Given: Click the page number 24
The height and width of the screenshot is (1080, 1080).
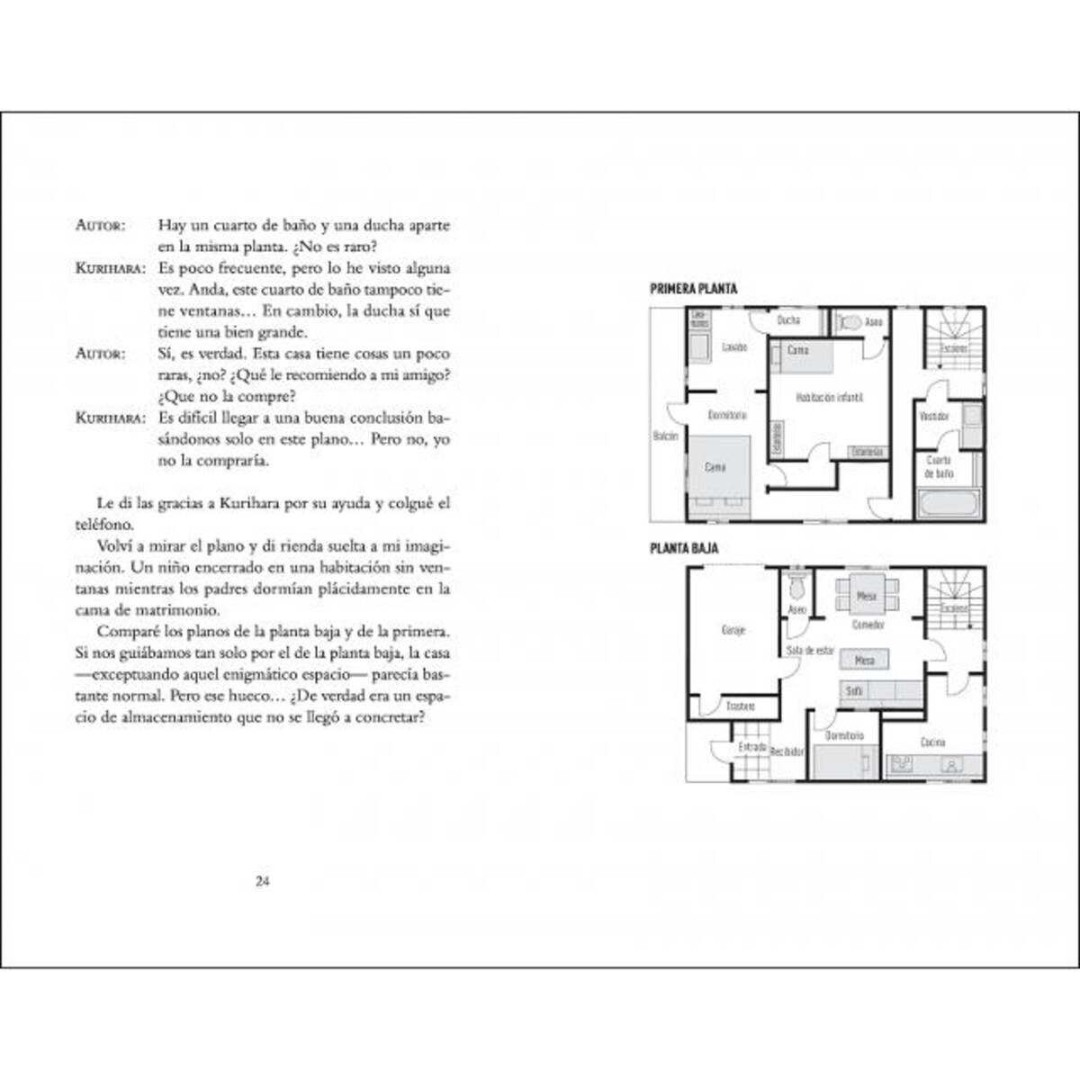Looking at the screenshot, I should pyautogui.click(x=263, y=881).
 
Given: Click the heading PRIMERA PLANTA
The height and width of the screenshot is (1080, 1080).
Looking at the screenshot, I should pyautogui.click(x=693, y=290).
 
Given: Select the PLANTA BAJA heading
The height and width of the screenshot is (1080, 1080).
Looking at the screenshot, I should pyautogui.click(x=684, y=548).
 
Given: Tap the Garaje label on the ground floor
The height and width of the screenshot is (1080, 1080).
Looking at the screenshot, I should pyautogui.click(x=733, y=631).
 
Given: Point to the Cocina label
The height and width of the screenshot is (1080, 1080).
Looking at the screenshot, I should pyautogui.click(x=932, y=742).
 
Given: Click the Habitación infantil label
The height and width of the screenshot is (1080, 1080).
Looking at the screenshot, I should pyautogui.click(x=817, y=397).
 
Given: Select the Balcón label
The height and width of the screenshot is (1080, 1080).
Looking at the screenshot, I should pyautogui.click(x=665, y=436).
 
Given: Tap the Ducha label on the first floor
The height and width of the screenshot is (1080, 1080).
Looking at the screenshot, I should pyautogui.click(x=788, y=320).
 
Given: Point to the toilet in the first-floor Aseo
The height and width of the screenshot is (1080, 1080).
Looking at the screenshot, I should pyautogui.click(x=848, y=321).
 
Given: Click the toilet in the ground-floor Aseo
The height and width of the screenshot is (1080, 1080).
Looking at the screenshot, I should pyautogui.click(x=796, y=586).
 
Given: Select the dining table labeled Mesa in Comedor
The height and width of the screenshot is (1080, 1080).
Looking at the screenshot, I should pyautogui.click(x=866, y=596).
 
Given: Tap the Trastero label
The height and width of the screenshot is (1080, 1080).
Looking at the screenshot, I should pyautogui.click(x=740, y=707).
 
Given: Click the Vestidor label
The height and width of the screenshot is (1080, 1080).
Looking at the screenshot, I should pyautogui.click(x=935, y=417).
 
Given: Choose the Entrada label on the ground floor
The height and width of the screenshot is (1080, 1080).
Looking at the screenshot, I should pyautogui.click(x=752, y=747).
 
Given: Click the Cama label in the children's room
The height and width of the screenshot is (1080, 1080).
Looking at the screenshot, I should pyautogui.click(x=797, y=349).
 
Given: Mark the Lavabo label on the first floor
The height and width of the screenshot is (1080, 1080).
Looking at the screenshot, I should pyautogui.click(x=734, y=347).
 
